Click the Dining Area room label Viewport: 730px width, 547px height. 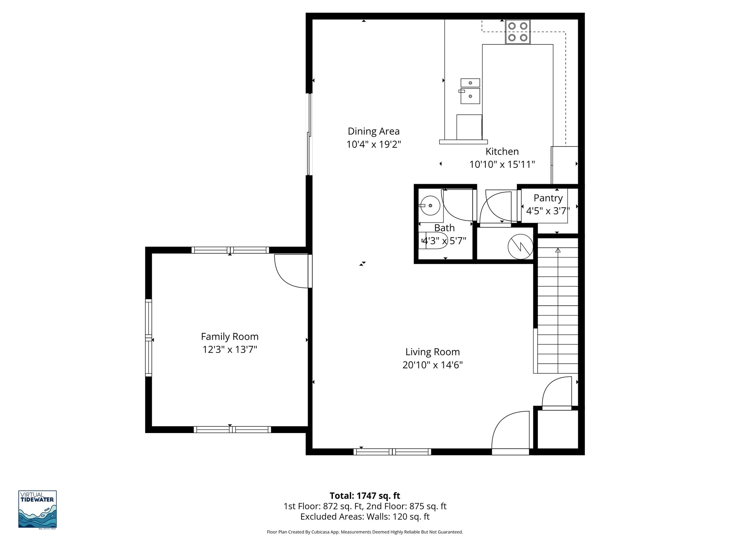[x=374, y=131]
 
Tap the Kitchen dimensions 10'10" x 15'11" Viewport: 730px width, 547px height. [x=502, y=165]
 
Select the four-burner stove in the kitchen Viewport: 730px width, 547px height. [x=518, y=32]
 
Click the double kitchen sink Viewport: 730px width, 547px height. [x=470, y=91]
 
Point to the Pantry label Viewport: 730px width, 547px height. [x=548, y=198]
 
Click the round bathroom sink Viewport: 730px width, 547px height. [x=430, y=205]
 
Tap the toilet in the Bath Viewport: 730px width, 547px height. [x=433, y=240]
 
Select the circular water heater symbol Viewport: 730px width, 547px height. [x=520, y=246]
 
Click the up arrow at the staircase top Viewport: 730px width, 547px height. [x=558, y=250]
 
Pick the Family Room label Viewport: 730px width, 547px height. [x=230, y=337]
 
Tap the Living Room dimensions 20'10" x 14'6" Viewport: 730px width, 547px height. [x=432, y=365]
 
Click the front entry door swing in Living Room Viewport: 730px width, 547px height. [x=508, y=431]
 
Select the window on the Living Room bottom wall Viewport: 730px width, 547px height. [x=392, y=452]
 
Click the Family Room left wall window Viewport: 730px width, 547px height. [x=148, y=338]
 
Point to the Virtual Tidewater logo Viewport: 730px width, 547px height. [x=37, y=510]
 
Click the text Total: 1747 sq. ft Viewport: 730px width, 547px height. [x=365, y=496]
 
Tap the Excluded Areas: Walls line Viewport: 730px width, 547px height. [x=365, y=517]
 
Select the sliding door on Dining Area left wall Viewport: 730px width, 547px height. [x=309, y=135]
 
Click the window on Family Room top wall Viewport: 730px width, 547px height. [x=230, y=250]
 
